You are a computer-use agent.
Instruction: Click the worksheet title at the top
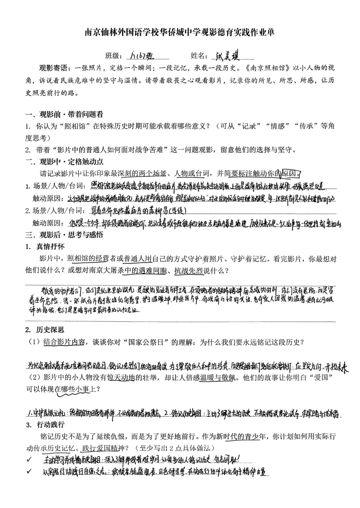(x=180, y=32)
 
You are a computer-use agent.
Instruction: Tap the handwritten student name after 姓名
(x=230, y=55)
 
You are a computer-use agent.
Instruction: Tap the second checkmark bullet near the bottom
(x=29, y=471)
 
